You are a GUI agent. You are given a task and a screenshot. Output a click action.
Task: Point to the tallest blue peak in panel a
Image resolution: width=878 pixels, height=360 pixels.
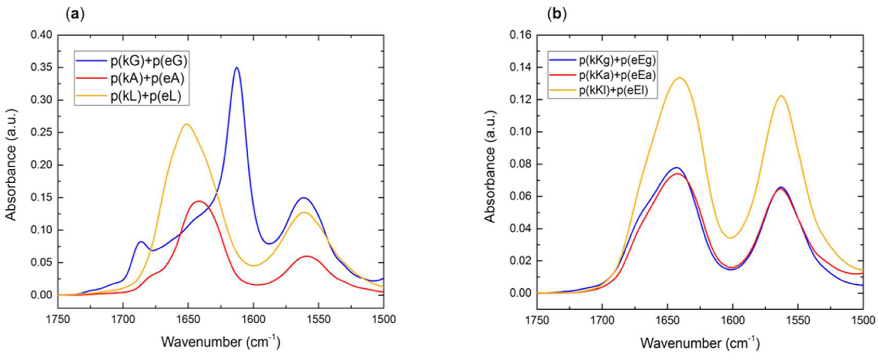point(236,67)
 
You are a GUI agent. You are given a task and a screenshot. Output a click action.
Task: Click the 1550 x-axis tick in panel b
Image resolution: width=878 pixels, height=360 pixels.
point(798,320)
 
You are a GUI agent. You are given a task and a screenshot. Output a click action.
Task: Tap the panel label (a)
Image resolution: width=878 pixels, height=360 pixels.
point(74,15)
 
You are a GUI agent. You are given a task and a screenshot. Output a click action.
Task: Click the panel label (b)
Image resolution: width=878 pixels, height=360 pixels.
point(557,15)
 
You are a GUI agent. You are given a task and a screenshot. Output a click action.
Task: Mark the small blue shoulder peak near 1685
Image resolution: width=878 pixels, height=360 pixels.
point(141,241)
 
